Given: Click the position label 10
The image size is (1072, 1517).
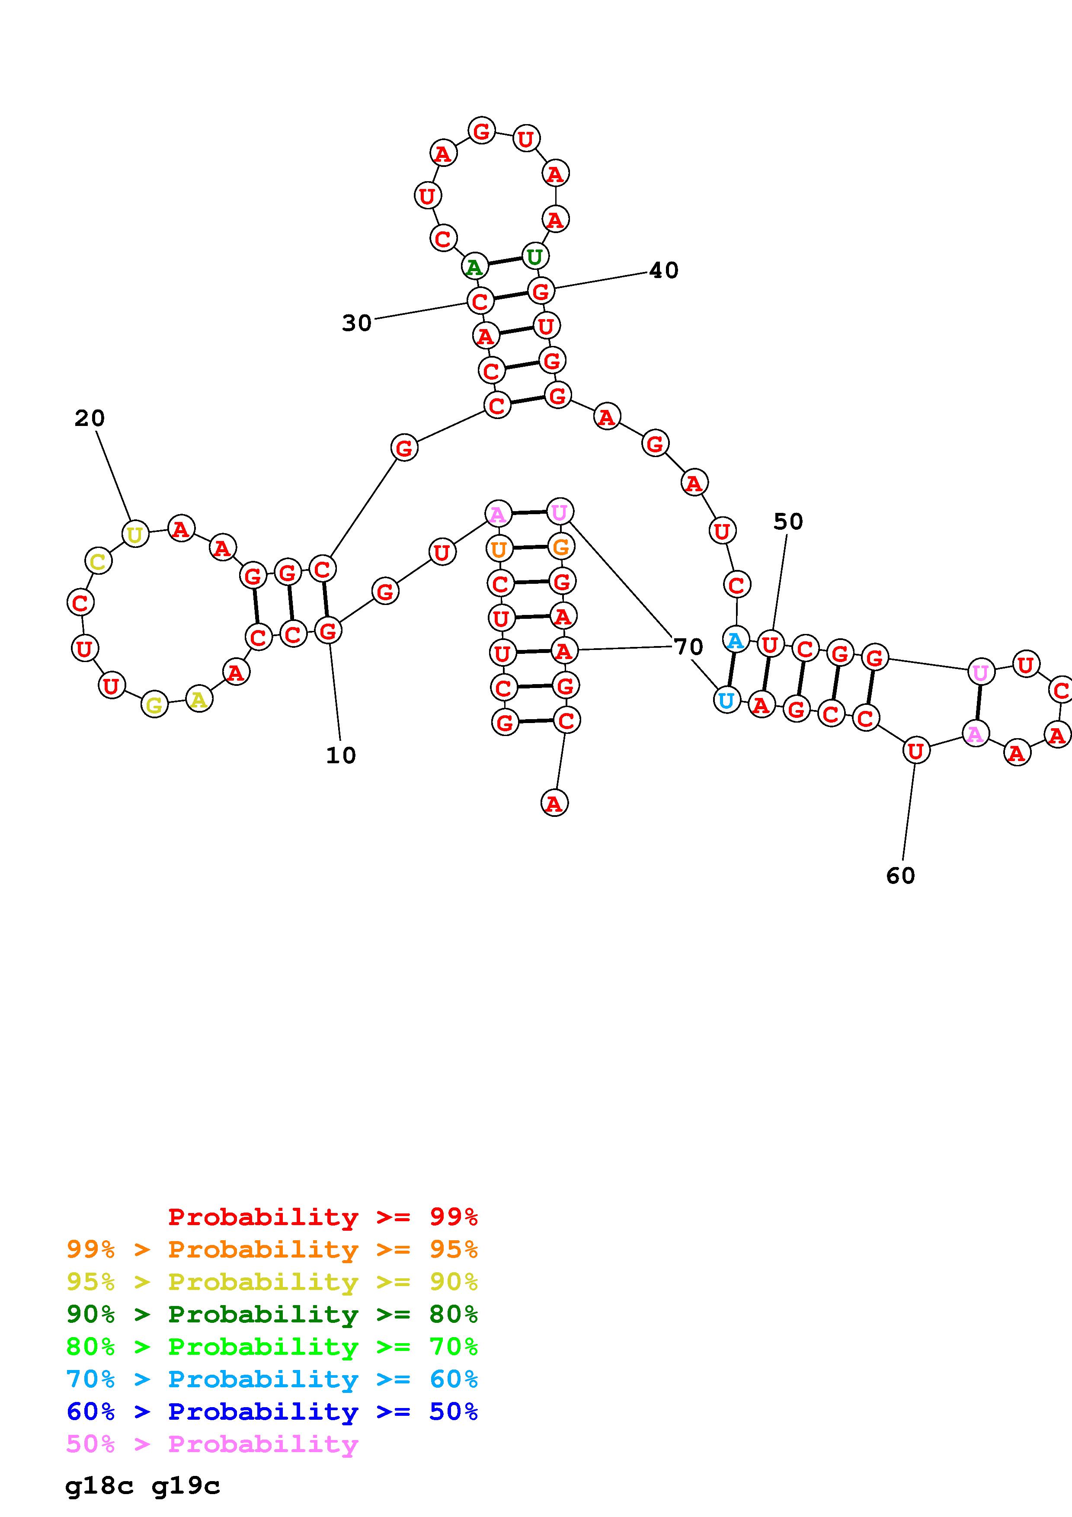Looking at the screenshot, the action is point(341,755).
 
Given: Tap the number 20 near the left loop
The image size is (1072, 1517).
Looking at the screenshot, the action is point(89,418).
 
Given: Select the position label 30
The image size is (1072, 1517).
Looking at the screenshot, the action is point(357,323).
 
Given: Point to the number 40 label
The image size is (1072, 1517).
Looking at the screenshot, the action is point(663,270).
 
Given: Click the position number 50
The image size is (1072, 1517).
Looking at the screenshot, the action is point(788,522).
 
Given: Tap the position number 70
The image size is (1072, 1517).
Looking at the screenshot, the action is point(688,647).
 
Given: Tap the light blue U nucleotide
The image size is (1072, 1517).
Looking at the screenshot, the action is point(726,700).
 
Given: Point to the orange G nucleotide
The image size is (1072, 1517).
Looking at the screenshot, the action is point(561,547).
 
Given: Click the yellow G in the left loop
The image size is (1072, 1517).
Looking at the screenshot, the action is point(154,705).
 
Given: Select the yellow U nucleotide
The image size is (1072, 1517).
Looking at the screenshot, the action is point(135,534).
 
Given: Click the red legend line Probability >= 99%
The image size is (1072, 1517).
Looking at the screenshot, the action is point(322,1217).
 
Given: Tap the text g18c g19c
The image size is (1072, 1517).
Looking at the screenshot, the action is point(143,1487).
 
